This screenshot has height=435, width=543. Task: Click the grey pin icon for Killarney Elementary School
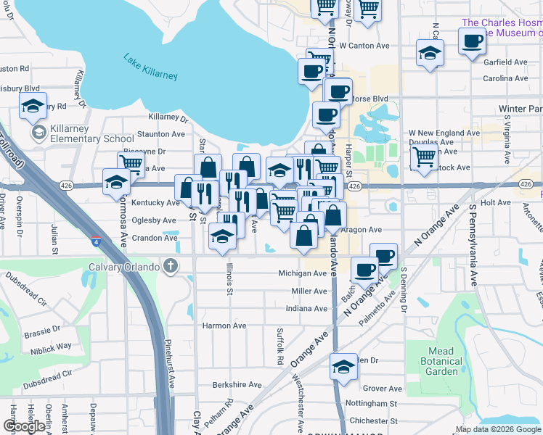(38, 133)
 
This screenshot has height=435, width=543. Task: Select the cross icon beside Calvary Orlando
(170, 265)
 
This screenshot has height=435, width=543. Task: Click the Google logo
(24, 427)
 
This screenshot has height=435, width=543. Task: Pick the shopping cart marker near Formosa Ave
(131, 164)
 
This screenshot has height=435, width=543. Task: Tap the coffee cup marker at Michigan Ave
(364, 270)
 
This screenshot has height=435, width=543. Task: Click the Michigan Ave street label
(303, 273)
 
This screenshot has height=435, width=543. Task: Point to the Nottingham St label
(373, 403)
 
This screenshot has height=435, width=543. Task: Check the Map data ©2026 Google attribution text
(498, 429)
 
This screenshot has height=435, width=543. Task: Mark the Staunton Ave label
(161, 134)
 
